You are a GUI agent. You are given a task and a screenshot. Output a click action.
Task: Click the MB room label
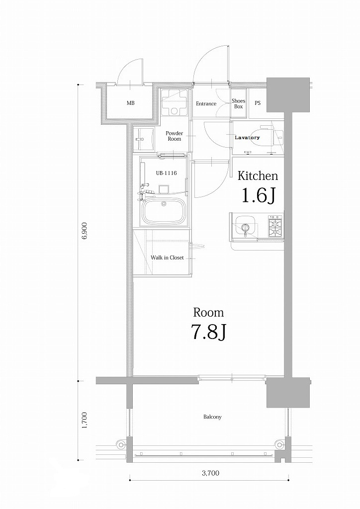[130, 103]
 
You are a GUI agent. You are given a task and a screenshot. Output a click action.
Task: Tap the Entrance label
[206, 104]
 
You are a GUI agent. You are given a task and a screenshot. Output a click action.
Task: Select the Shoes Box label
[239, 103]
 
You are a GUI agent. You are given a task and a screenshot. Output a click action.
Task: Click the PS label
[258, 103]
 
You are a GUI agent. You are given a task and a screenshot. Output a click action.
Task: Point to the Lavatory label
[247, 137]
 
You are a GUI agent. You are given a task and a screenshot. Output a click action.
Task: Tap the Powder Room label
[174, 136]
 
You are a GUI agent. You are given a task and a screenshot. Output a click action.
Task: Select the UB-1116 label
[167, 173]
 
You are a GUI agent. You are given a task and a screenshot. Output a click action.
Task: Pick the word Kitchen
[257, 175]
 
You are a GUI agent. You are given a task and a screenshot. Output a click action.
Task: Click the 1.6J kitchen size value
[258, 196]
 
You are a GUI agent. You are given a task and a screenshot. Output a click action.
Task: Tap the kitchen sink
[245, 228]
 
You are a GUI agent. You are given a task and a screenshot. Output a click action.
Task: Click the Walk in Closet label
[167, 258]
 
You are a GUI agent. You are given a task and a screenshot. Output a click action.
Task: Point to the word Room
[208, 313]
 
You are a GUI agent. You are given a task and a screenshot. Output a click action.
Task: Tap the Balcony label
[212, 417]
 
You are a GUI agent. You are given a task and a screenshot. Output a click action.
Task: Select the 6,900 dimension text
[84, 231]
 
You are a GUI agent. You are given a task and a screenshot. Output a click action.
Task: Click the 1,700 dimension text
[84, 420]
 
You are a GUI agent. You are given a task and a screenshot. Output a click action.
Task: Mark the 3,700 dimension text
[210, 473]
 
